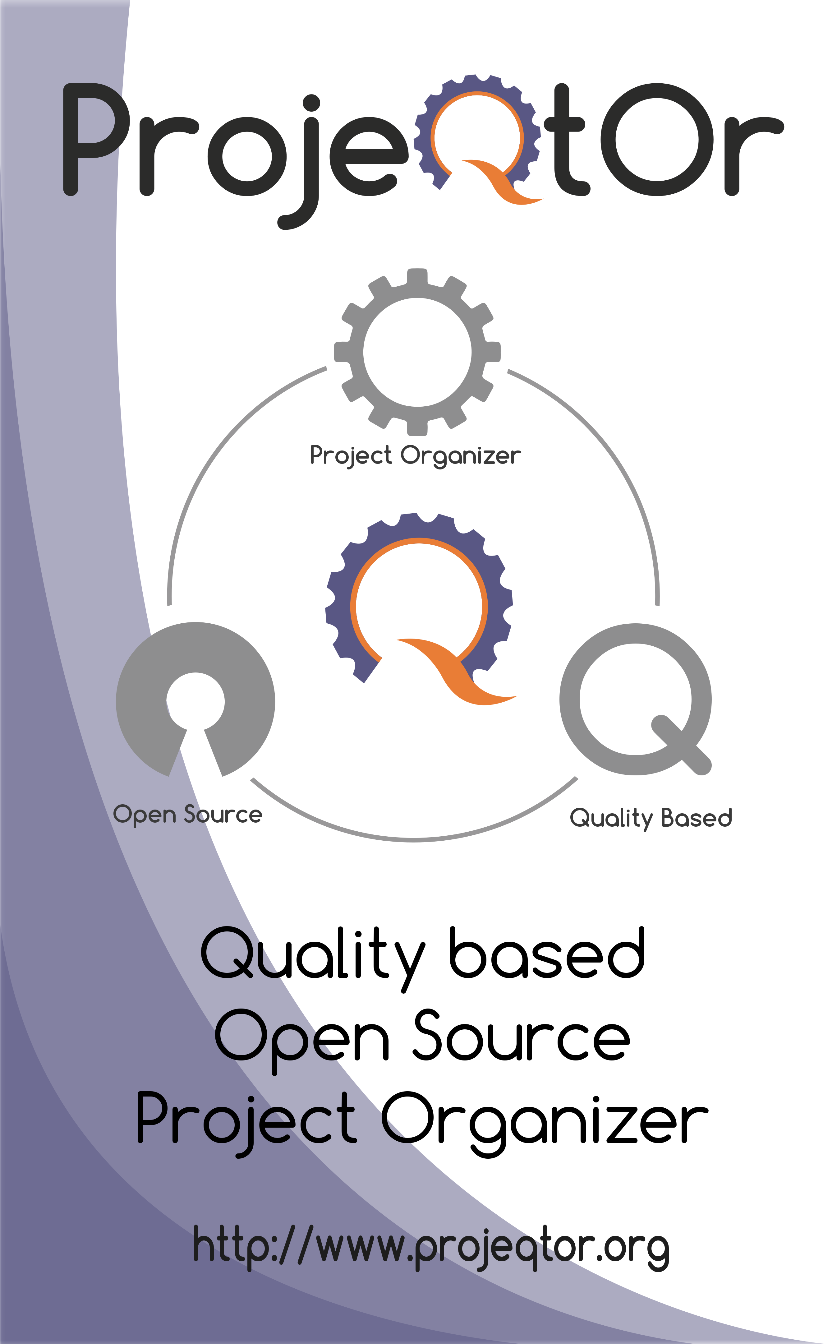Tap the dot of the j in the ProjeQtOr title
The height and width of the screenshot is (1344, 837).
312,103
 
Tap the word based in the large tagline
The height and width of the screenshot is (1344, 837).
547,954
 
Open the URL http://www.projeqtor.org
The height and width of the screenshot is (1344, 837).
431,1247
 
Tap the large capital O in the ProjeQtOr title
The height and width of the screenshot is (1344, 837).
658,140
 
